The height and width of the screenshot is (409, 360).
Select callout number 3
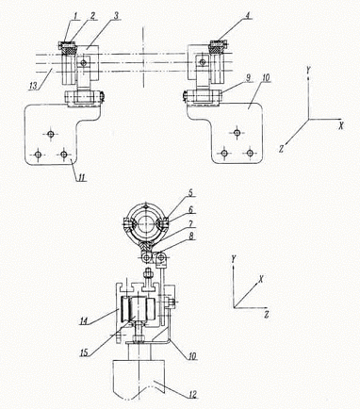click(x=116, y=16)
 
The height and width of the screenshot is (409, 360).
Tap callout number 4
click(x=248, y=16)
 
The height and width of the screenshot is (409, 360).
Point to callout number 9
click(x=249, y=78)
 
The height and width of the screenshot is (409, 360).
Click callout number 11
click(x=82, y=177)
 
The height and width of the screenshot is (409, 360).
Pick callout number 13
click(x=33, y=86)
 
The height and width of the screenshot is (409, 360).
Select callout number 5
click(x=190, y=193)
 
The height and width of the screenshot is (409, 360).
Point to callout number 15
click(x=84, y=352)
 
